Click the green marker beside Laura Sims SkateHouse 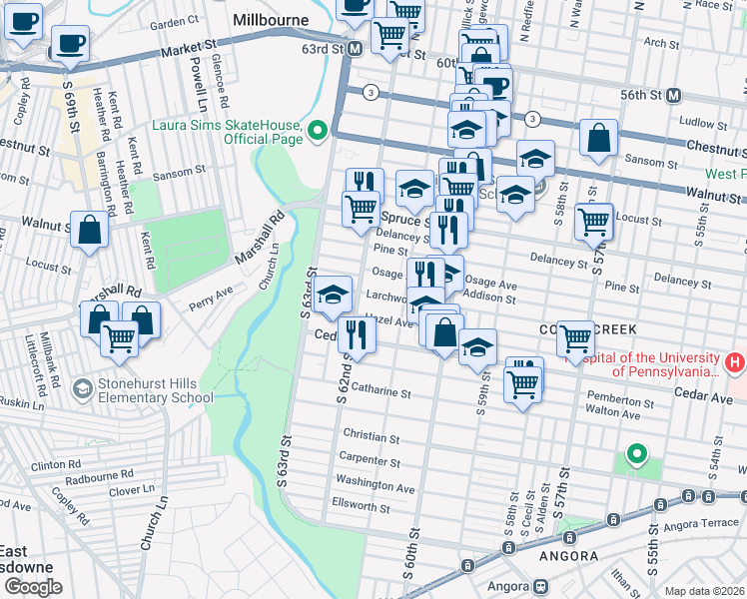click(318, 131)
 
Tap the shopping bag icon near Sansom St click(598, 141)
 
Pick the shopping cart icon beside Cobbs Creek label click(575, 339)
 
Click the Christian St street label click(371, 437)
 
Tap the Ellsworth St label click(361, 507)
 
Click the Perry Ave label click(210, 292)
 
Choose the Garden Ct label click(175, 22)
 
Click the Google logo click(33, 586)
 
